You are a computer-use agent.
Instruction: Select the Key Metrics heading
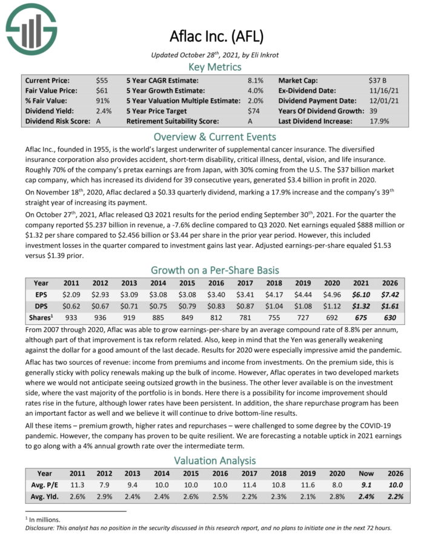(x=215, y=67)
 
